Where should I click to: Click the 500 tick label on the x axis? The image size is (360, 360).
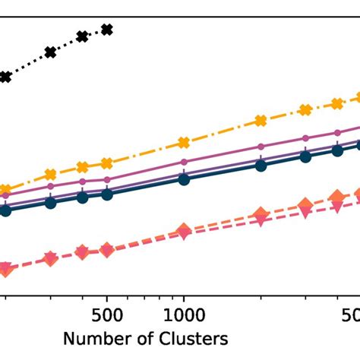(x=107, y=314)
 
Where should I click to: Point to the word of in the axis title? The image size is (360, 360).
(x=133, y=338)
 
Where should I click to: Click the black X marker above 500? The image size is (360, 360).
(x=107, y=30)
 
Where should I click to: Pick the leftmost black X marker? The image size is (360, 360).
(x=5, y=77)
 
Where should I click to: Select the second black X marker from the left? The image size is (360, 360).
(x=50, y=52)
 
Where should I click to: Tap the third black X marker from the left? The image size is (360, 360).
(x=83, y=36)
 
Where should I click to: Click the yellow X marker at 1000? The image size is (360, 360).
(x=182, y=143)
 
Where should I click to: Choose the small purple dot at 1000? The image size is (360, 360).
(x=182, y=163)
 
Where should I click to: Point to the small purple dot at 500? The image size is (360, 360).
(x=107, y=180)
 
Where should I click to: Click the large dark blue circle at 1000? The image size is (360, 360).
(x=182, y=179)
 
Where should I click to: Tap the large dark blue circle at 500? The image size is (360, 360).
(x=107, y=194)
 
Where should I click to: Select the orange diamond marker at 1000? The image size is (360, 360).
(x=182, y=231)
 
